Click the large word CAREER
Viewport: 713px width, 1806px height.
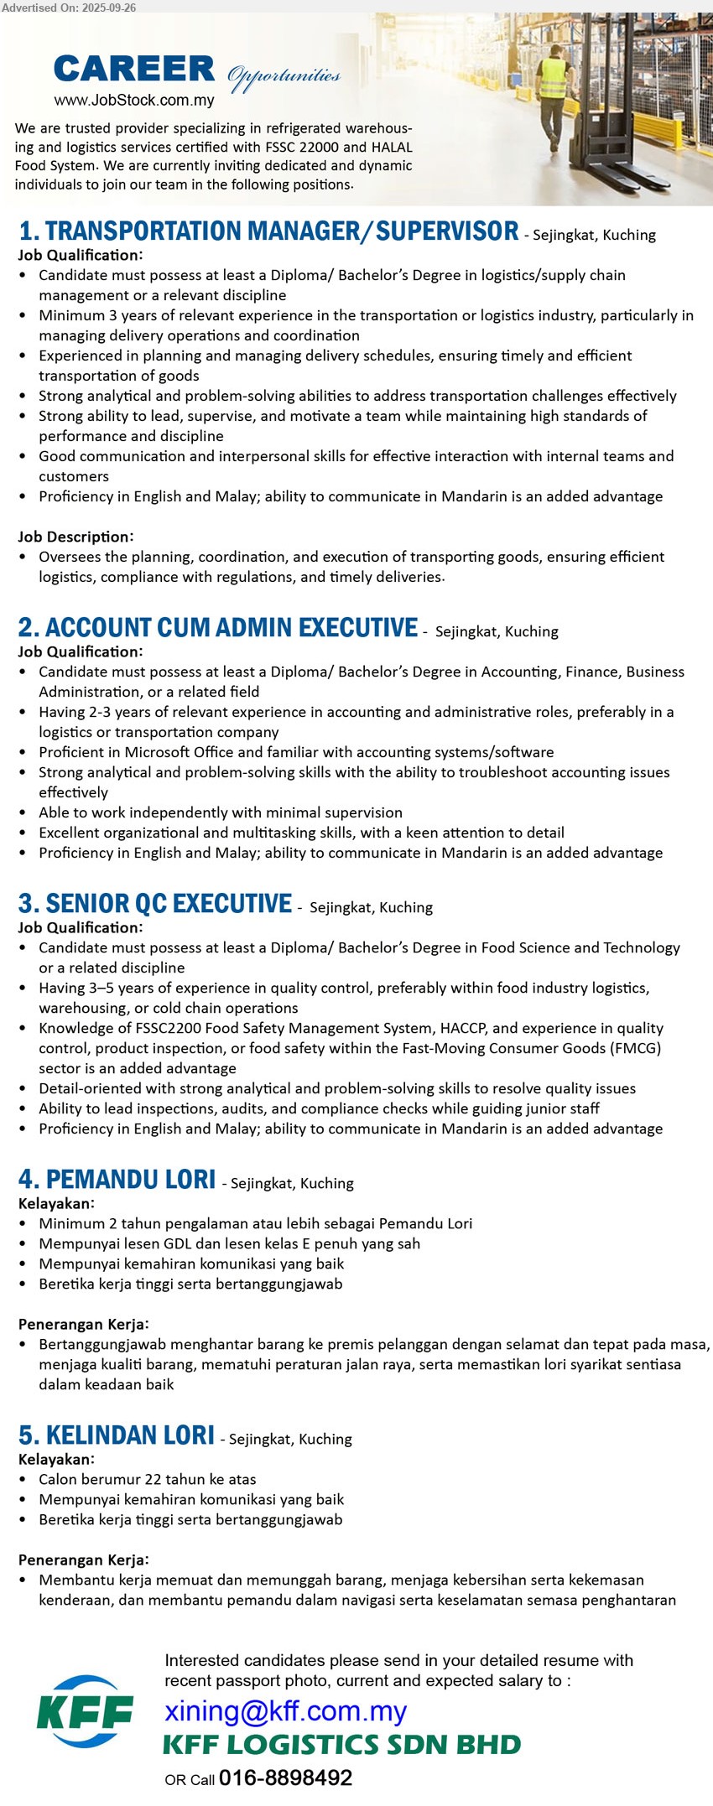pyautogui.click(x=134, y=70)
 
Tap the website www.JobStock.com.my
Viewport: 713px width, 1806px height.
pyautogui.click(x=134, y=101)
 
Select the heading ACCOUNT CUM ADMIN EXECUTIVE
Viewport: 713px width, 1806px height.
pyautogui.click(x=218, y=628)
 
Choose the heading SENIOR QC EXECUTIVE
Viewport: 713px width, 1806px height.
pyautogui.click(x=155, y=904)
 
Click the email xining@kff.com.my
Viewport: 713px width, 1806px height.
pyautogui.click(x=286, y=1710)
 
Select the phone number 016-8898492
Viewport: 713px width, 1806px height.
pyautogui.click(x=285, y=1777)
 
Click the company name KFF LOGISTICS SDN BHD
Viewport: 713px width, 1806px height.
pyautogui.click(x=341, y=1745)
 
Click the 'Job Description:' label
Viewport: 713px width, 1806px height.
pyautogui.click(x=75, y=537)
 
